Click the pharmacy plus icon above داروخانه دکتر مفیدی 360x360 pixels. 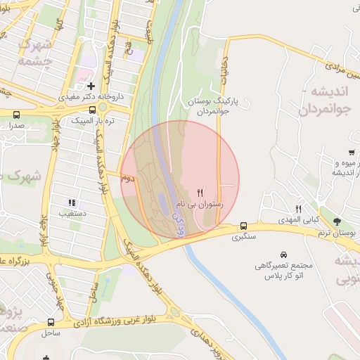[91, 86]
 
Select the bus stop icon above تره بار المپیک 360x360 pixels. [93, 110]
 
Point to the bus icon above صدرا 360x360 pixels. [16, 114]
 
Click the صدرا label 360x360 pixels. [16, 124]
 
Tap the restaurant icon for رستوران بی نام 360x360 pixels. [200, 193]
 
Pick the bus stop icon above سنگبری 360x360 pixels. [243, 226]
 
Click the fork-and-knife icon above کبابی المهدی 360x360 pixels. [298, 209]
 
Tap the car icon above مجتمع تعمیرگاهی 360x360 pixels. [283, 254]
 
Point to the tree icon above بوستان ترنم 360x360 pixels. [337, 221]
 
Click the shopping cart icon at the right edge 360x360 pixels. [351, 153]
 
